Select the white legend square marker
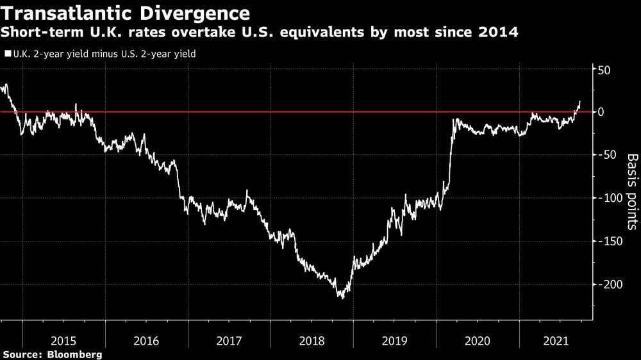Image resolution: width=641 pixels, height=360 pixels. (7, 54)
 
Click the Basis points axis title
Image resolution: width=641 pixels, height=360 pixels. (631, 192)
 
